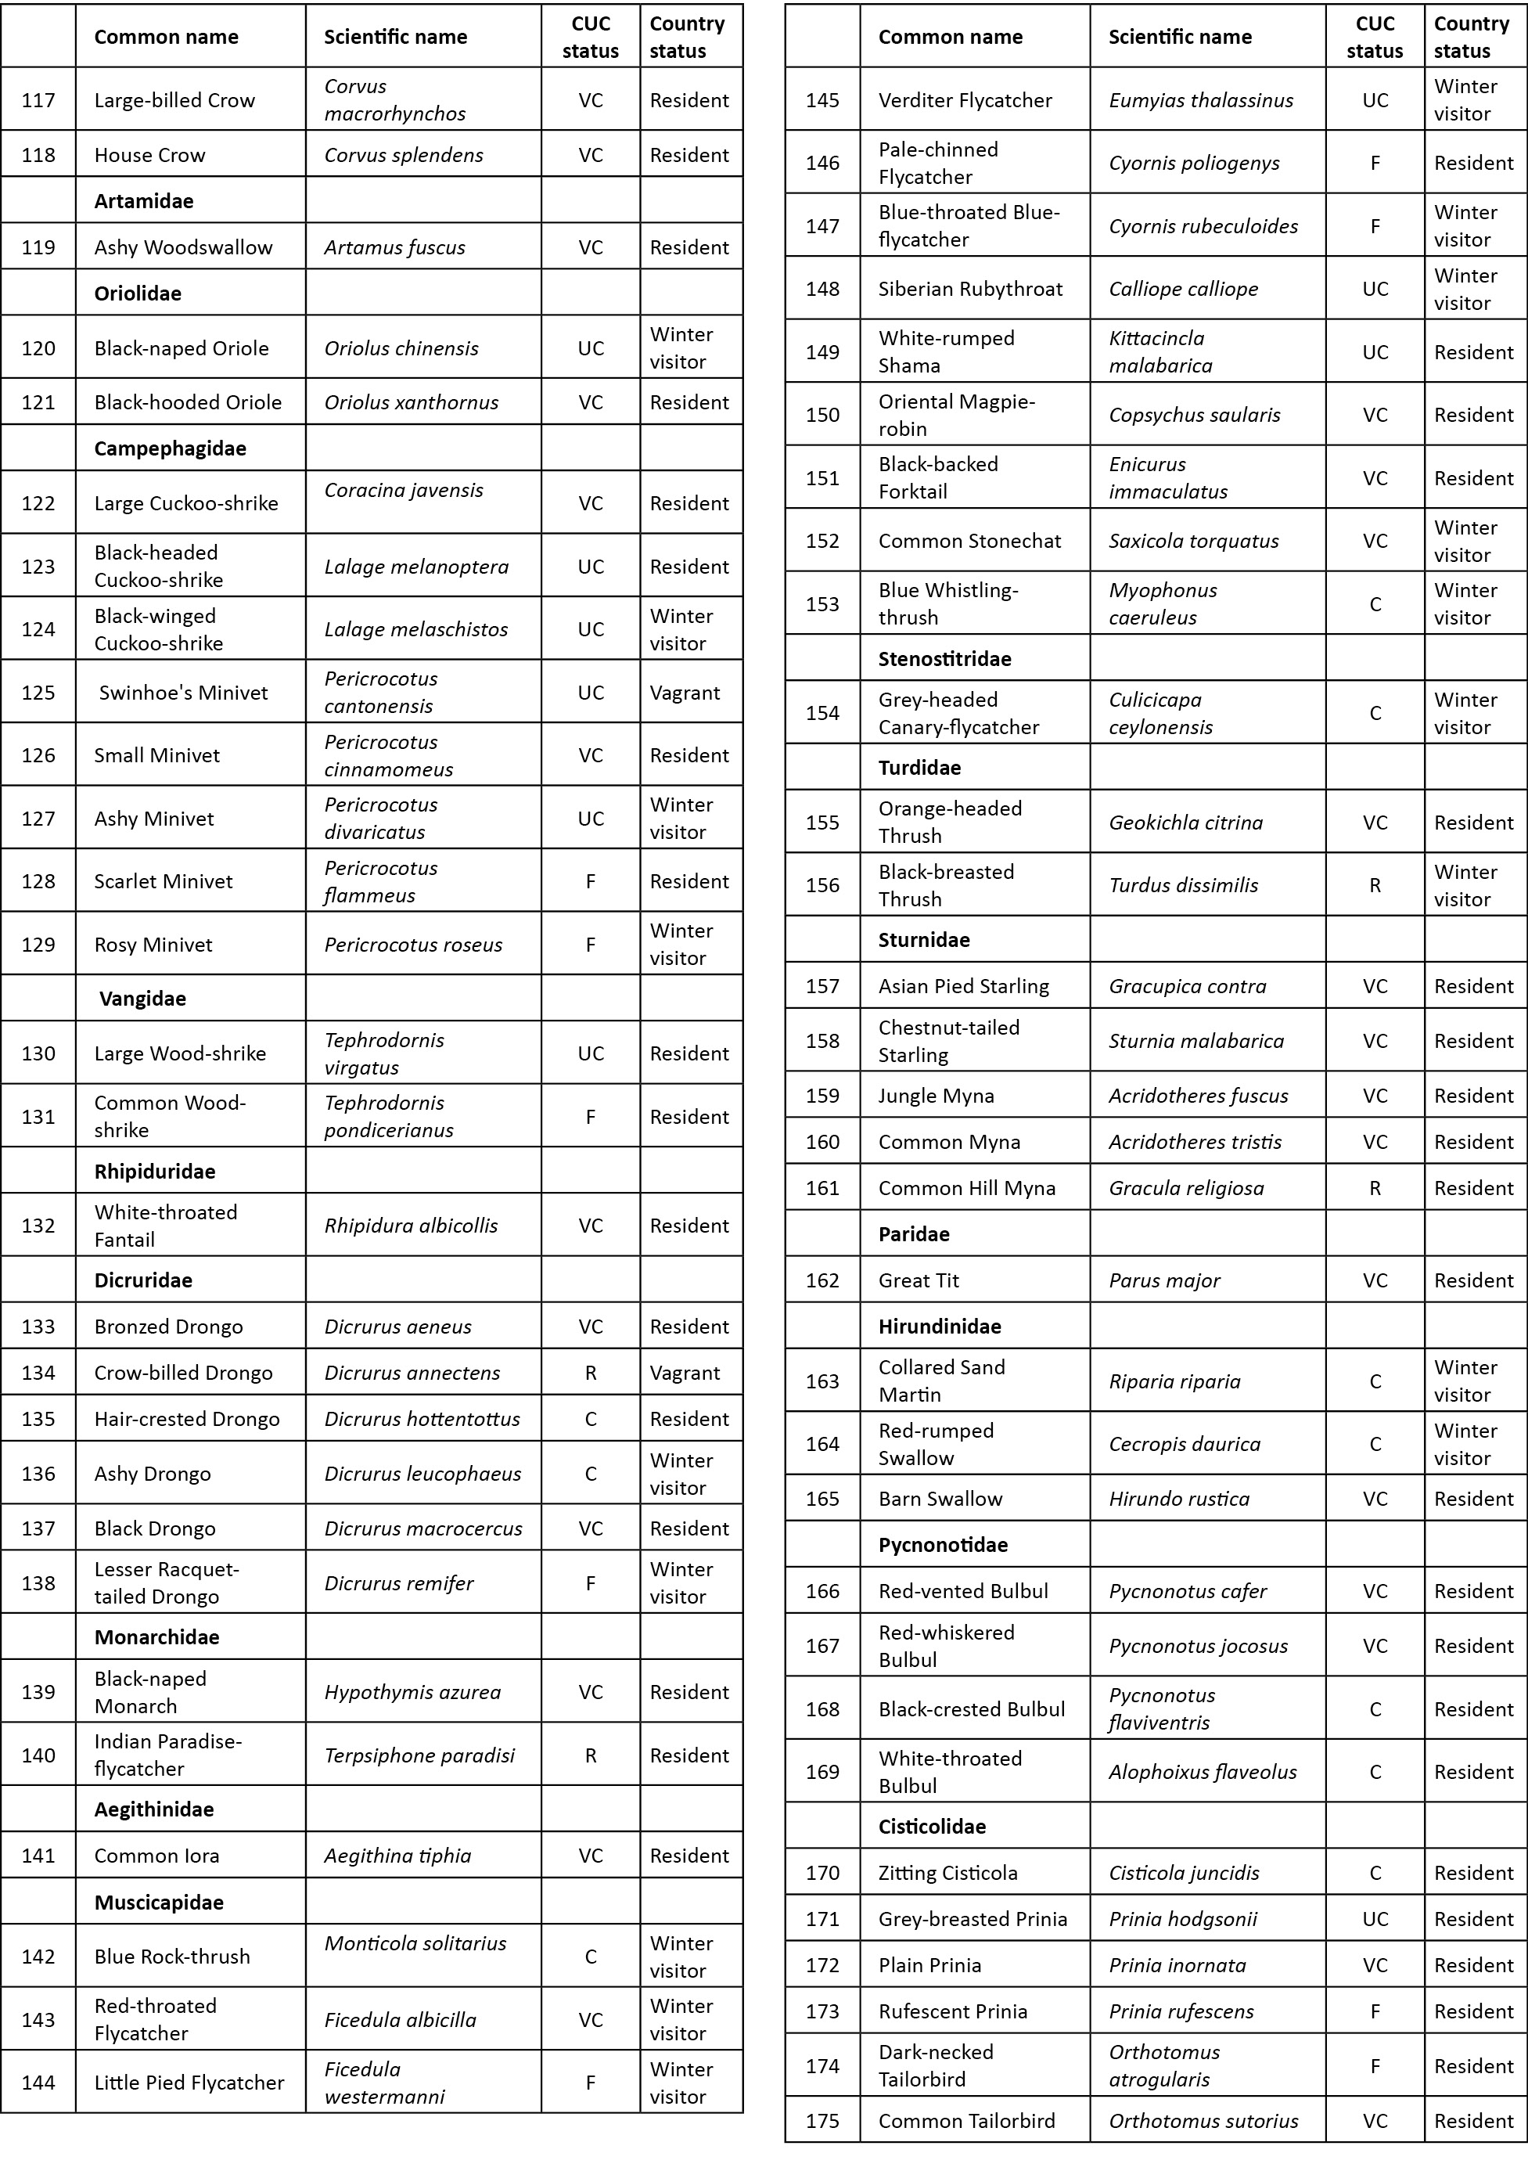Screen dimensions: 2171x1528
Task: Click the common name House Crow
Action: pos(149,155)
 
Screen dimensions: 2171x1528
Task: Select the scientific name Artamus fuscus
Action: pos(394,248)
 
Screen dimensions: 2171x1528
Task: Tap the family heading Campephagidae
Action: pos(171,448)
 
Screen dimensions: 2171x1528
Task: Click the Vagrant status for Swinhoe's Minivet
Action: pos(685,692)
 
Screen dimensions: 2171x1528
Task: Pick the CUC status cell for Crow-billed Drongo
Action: pos(590,1373)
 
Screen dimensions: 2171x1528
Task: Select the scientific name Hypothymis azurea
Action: pos(412,1691)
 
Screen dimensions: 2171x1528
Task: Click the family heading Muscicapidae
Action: pos(159,1903)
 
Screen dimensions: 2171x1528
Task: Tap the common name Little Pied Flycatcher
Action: pos(189,2082)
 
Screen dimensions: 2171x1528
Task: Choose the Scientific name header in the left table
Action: pos(395,37)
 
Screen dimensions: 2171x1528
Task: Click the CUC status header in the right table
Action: pos(1375,37)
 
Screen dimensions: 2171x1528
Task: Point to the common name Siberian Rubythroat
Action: pos(970,290)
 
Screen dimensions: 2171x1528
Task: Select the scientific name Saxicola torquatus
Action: pos(1193,541)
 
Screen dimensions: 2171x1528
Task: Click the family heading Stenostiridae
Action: pos(944,659)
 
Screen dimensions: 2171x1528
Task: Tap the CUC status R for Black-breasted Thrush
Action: pos(1375,885)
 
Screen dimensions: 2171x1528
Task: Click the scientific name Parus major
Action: pos(1164,1280)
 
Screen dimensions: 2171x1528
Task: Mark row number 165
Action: pos(822,1499)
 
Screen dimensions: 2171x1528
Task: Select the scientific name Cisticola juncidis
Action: pos(1184,1873)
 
